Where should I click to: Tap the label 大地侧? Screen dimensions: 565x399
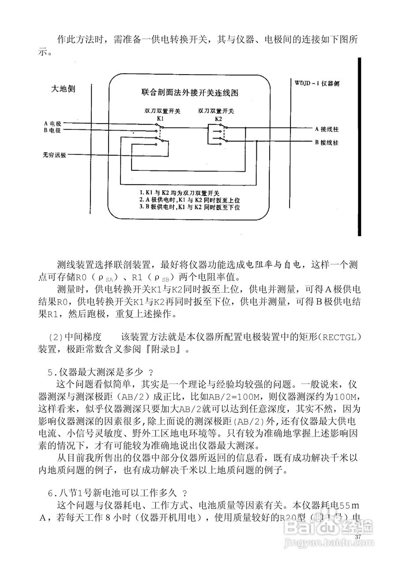coord(64,89)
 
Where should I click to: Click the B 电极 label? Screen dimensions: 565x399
coord(52,131)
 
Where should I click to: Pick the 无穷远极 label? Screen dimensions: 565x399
coord(54,155)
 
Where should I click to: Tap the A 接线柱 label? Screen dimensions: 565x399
coord(327,128)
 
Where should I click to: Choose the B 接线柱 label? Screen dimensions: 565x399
coord(327,143)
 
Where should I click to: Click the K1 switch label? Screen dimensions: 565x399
coord(161,119)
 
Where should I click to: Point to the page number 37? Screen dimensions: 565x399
coord(358,536)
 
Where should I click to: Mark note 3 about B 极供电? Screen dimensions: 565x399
coord(189,207)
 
